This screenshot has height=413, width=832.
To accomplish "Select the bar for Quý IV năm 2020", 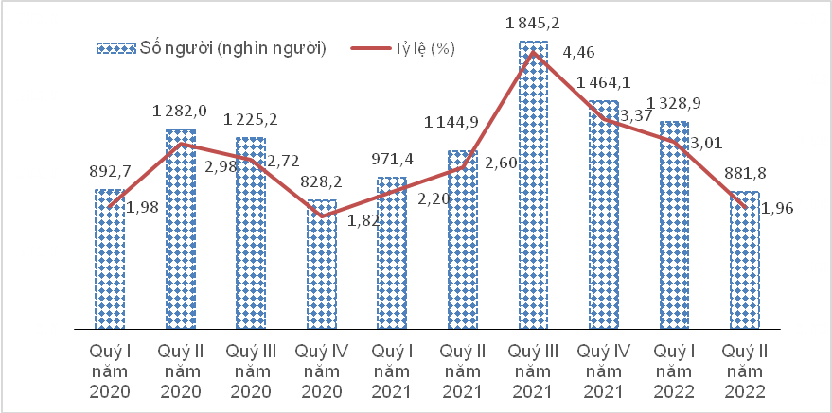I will (x=321, y=265).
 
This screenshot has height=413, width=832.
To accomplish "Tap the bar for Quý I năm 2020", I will (x=109, y=260).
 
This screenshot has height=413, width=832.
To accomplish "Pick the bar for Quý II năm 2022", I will (x=745, y=261).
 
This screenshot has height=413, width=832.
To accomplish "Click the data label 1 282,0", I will (x=180, y=112).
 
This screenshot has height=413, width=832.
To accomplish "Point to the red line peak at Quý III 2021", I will (x=533, y=52).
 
